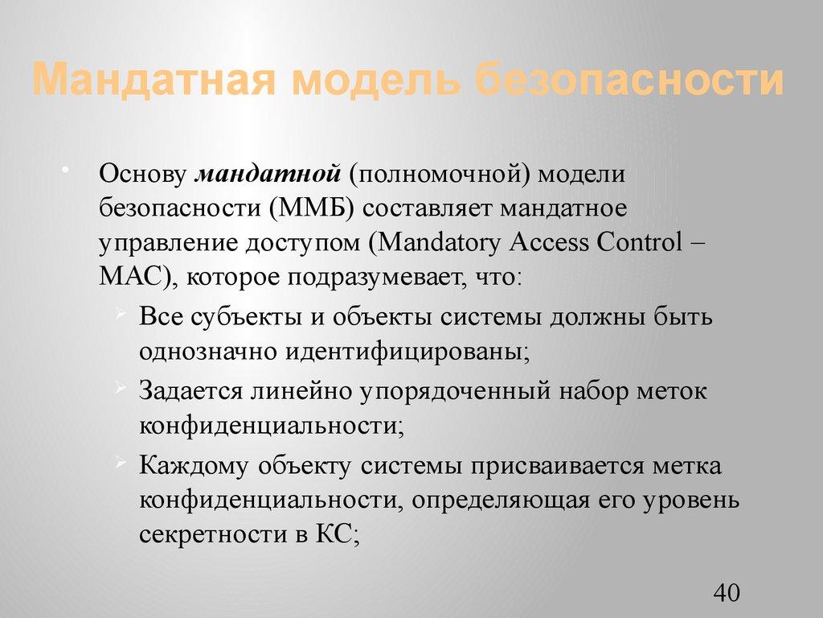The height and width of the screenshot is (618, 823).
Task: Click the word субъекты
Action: click(234, 316)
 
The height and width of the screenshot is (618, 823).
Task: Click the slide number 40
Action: click(726, 593)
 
